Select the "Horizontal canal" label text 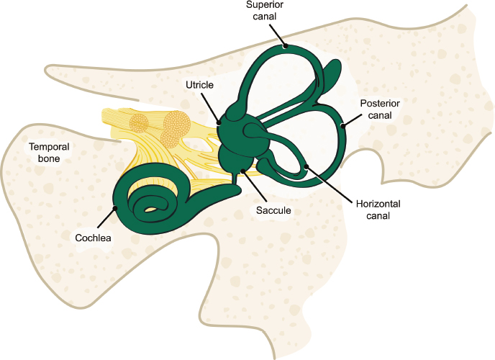pyautogui.click(x=378, y=210)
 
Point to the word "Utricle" pyautogui.click(x=199, y=85)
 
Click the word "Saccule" pyautogui.click(x=273, y=211)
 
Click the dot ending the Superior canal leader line pyautogui.click(x=285, y=46)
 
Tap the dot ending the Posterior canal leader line pyautogui.click(x=343, y=126)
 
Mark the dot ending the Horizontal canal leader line pyautogui.click(x=306, y=166)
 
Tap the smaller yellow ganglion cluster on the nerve pyautogui.click(x=140, y=124)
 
